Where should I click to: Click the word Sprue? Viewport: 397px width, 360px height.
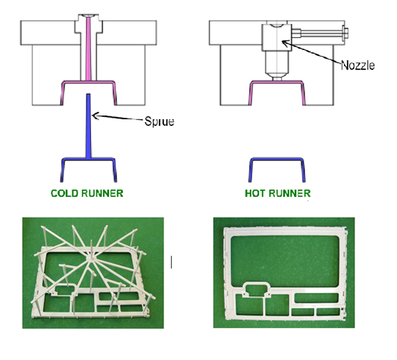[159, 121]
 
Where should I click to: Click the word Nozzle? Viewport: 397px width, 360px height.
[357, 66]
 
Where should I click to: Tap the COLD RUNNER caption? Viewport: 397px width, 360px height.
[87, 193]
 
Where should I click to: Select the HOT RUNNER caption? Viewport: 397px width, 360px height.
[278, 193]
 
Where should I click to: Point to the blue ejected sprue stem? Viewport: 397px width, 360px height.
[88, 126]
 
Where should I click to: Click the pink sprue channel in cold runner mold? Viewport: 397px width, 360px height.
[88, 48]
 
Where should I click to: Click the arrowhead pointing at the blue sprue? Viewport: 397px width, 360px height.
[95, 116]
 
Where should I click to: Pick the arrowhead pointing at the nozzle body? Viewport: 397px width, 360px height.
[285, 43]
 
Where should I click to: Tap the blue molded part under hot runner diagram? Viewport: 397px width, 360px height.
[278, 160]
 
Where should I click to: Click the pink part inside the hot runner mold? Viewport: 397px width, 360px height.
[278, 83]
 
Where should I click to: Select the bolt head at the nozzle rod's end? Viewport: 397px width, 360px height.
[345, 33]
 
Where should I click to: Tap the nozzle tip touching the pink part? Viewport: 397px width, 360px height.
[278, 78]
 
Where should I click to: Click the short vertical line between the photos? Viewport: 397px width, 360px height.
[172, 262]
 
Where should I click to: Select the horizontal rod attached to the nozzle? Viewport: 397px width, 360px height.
[317, 33]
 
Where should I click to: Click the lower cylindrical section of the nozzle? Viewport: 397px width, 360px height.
[278, 61]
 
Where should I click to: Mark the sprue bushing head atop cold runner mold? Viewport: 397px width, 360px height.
[88, 24]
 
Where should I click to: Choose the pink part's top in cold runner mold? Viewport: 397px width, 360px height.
[88, 82]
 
